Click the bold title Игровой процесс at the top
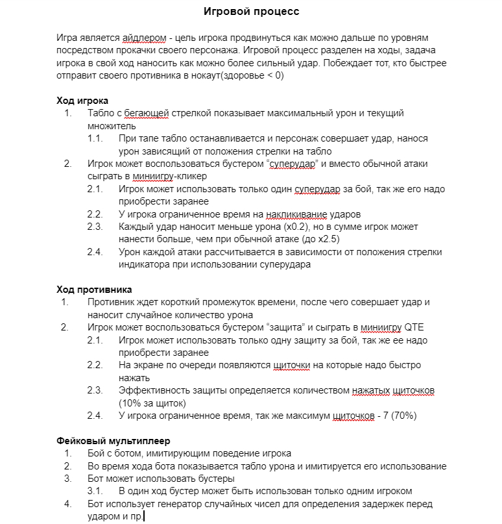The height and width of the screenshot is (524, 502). (x=252, y=12)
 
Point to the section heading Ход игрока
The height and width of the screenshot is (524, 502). (x=83, y=101)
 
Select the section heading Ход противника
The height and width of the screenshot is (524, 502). (x=95, y=290)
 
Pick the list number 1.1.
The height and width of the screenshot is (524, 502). (x=95, y=138)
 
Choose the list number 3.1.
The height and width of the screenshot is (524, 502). (x=95, y=491)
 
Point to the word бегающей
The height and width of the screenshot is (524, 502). (x=147, y=113)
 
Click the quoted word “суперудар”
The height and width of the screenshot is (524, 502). (x=292, y=163)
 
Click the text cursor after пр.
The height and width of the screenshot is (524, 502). (x=144, y=516)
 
